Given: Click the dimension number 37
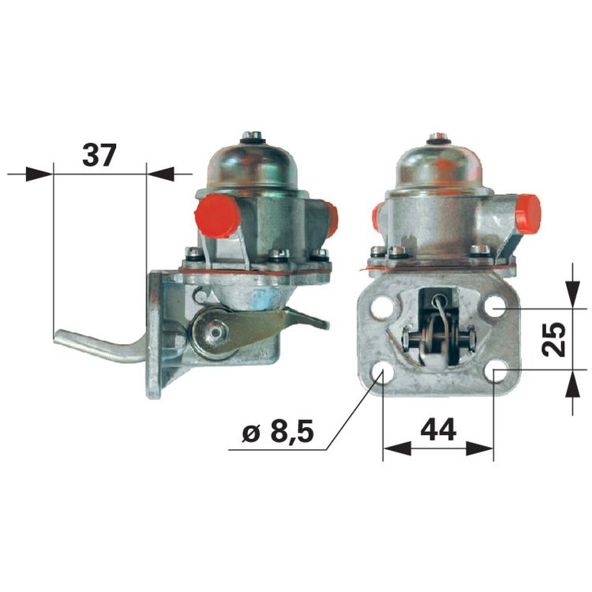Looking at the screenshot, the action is click(x=99, y=155).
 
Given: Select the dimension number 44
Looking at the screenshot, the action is click(x=438, y=429).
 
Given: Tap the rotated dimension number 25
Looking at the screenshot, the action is click(x=553, y=339).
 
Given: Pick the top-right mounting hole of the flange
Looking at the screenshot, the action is click(x=496, y=306).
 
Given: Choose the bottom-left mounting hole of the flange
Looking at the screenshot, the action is click(x=382, y=371).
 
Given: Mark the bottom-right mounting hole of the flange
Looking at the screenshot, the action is click(x=496, y=371).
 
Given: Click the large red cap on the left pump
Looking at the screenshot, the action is click(x=216, y=216).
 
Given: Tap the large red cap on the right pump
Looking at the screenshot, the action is click(x=528, y=214).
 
